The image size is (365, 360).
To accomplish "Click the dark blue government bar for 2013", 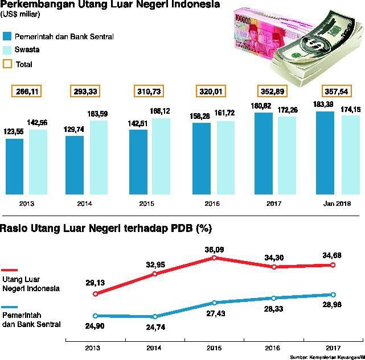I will pyautogui.click(x=14, y=166).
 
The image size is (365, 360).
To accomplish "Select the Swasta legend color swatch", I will pyautogui.click(x=7, y=50).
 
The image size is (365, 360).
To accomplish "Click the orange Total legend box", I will pyautogui.click(x=7, y=64).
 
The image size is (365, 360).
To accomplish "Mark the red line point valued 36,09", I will pyautogui.click(x=215, y=258).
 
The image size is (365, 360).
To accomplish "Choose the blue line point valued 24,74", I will pyautogui.click(x=155, y=317).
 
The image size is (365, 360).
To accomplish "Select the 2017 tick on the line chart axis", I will pyautogui.click(x=333, y=347).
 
